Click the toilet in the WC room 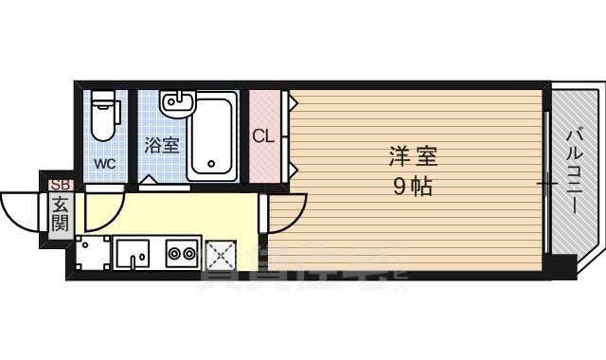tap(103, 116)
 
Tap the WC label tap(103, 162)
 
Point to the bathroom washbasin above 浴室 tap(176, 102)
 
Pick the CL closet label tap(263, 135)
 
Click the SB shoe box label tap(60, 186)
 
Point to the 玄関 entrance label tap(60, 215)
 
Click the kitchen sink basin tap(133, 253)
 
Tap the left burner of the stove tap(173, 253)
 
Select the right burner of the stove tap(187, 253)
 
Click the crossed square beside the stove tap(221, 254)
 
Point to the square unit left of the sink tap(93, 254)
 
